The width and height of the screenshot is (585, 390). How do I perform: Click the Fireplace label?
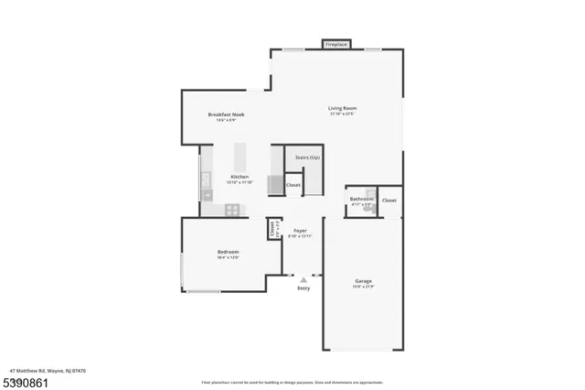click(336, 44)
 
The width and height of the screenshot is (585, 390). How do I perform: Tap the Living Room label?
click(341, 110)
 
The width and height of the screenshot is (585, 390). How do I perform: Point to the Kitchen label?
click(239, 176)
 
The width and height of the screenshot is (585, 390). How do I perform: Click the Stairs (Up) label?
click(307, 157)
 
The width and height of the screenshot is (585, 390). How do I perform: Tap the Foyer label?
click(300, 231)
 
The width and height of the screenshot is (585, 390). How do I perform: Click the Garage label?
click(363, 280)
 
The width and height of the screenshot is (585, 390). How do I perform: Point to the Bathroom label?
click(361, 199)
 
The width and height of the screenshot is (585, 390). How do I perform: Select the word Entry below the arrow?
click(303, 288)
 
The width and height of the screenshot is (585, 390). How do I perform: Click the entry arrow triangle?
click(303, 278)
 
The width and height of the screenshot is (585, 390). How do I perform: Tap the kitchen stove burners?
click(233, 209)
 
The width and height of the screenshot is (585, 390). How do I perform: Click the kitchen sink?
click(206, 179)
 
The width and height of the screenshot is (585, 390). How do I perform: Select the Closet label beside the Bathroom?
click(389, 200)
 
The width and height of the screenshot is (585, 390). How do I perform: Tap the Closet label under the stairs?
click(293, 185)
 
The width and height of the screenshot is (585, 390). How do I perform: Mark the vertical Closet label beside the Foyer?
click(271, 229)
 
